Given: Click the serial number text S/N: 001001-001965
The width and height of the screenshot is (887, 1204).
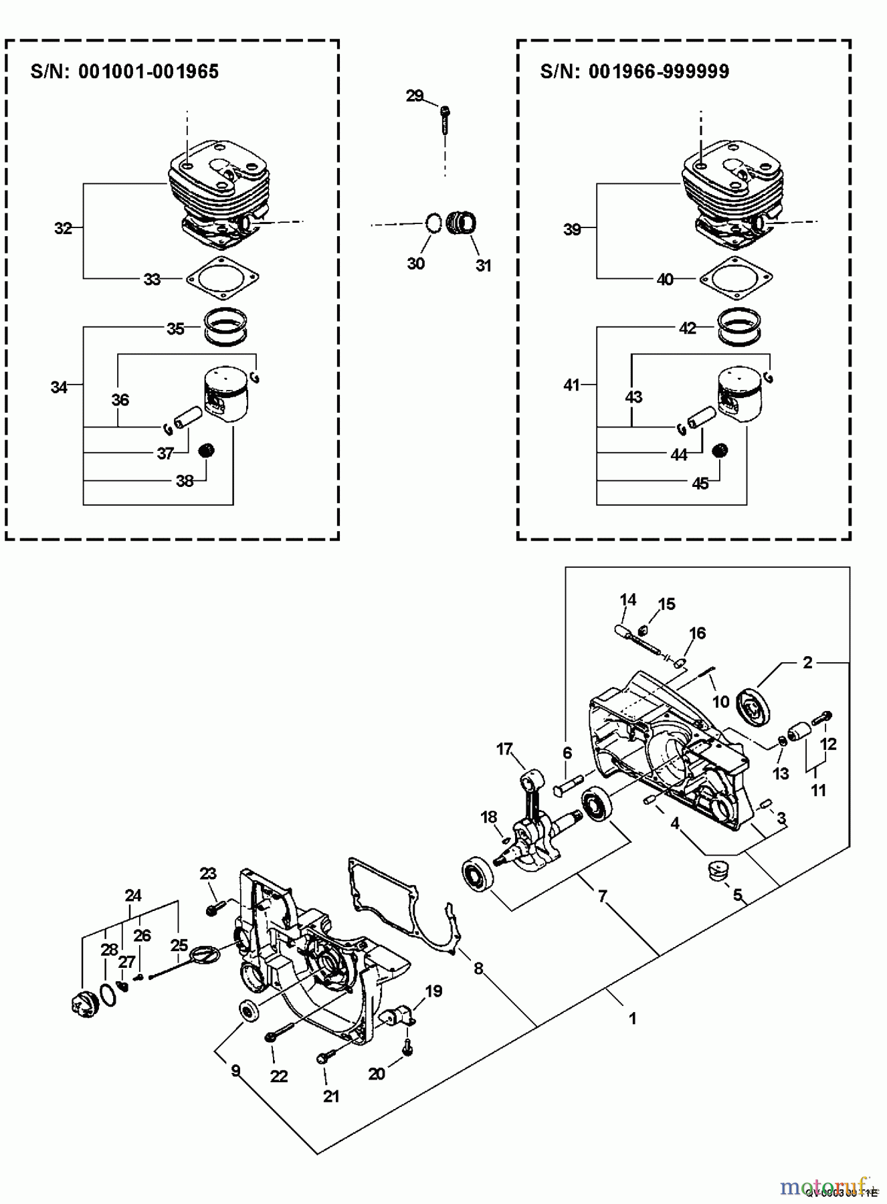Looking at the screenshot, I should pyautogui.click(x=124, y=72).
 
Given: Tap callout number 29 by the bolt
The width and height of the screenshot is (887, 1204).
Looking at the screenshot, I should pyautogui.click(x=415, y=96).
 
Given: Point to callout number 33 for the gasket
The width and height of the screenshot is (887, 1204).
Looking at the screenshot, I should pyautogui.click(x=153, y=279).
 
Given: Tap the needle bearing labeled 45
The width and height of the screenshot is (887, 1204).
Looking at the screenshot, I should pyautogui.click(x=720, y=450).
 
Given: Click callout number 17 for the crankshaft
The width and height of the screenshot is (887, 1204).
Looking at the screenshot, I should pyautogui.click(x=504, y=749).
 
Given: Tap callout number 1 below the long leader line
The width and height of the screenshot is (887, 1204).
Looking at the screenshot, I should pyautogui.click(x=632, y=1019).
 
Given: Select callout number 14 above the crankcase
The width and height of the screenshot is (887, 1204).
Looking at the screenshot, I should pyautogui.click(x=627, y=599).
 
